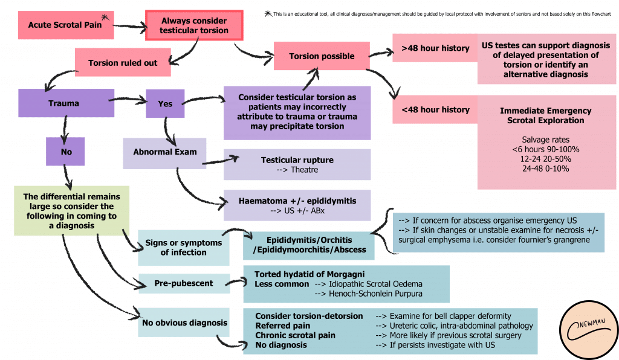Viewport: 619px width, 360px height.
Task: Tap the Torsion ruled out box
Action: pyautogui.click(x=122, y=63)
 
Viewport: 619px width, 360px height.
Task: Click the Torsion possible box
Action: pyautogui.click(x=321, y=56)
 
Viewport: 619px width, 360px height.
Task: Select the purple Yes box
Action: pyautogui.click(x=165, y=103)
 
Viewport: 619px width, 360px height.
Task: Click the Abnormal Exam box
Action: pyautogui.click(x=165, y=152)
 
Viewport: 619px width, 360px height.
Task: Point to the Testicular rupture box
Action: pyautogui.click(x=297, y=164)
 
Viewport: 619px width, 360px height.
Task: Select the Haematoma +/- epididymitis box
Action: pyautogui.click(x=297, y=205)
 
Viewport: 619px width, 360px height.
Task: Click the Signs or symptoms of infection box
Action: pyautogui.click(x=184, y=247)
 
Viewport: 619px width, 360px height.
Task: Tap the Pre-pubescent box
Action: pyautogui.click(x=184, y=283)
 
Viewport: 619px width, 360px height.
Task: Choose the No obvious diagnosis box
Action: pyautogui.click(x=184, y=323)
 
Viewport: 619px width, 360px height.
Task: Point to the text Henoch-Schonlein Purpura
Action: pyautogui.click(x=369, y=294)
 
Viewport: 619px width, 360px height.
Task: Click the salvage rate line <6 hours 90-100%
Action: pyautogui.click(x=545, y=149)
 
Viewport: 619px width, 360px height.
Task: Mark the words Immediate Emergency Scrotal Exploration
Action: pyautogui.click(x=545, y=115)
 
